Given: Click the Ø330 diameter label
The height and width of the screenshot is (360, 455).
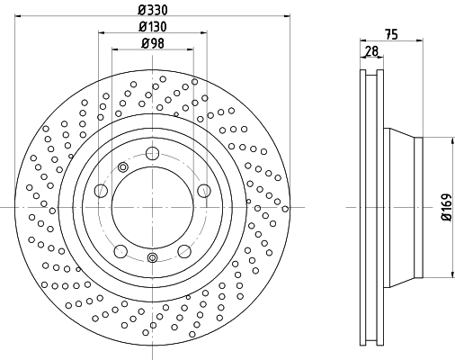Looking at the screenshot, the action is click(153, 10).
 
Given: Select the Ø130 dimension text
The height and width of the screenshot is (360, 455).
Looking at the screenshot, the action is click(153, 27).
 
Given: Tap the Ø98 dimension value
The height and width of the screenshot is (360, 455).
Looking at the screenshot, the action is click(153, 43).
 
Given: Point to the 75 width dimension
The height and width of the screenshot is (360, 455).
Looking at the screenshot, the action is click(391, 34).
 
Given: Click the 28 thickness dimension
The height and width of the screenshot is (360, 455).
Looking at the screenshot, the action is click(371, 51).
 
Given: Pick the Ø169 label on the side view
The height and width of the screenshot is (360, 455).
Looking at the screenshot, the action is click(446, 207).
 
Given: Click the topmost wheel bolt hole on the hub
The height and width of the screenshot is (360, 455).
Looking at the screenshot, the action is click(152, 154).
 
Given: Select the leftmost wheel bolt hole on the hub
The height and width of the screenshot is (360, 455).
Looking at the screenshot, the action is click(101, 191).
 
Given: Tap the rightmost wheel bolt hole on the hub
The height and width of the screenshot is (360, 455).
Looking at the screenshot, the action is click(204, 191).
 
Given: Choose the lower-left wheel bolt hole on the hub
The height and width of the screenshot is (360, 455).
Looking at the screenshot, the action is click(120, 251).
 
